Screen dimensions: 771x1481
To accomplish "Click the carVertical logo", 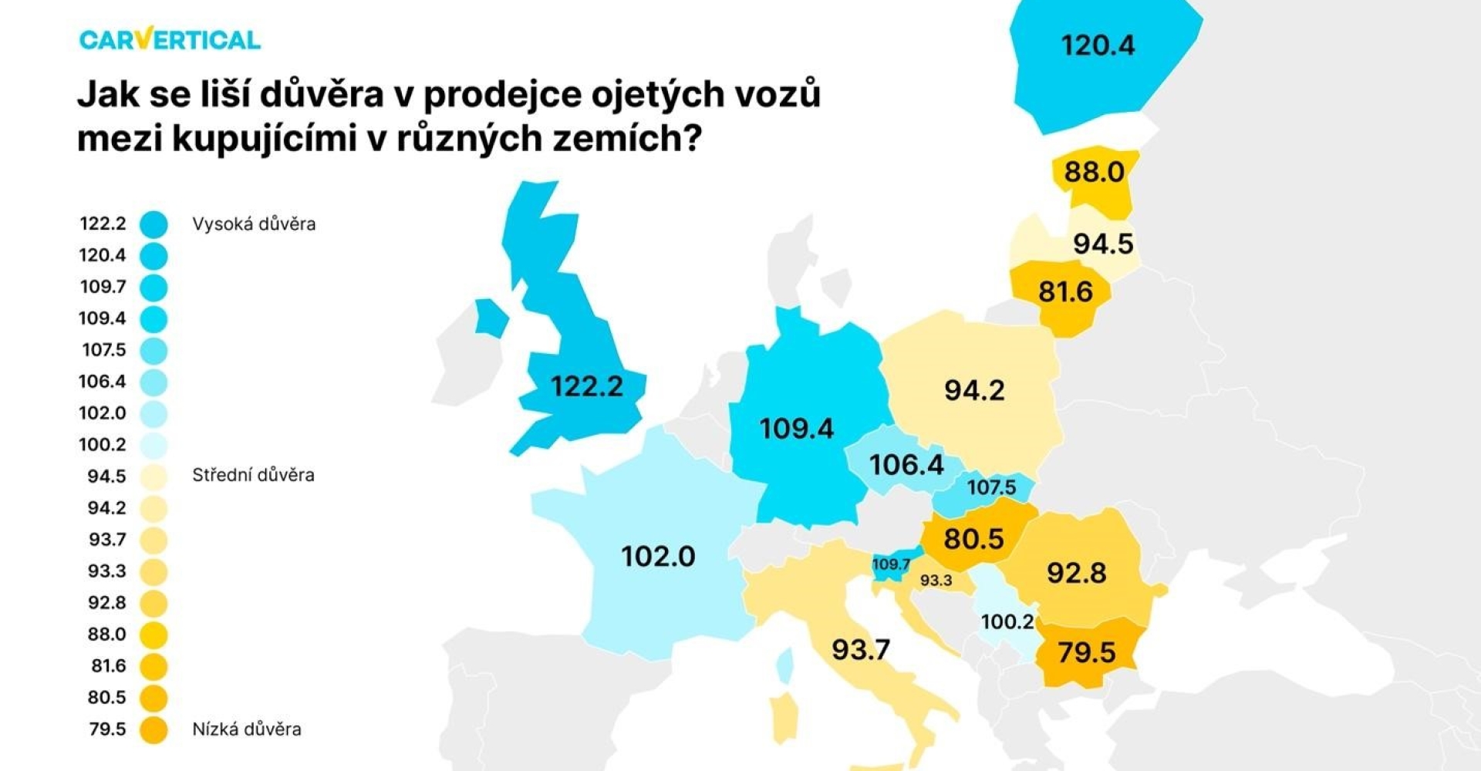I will click(x=170, y=39).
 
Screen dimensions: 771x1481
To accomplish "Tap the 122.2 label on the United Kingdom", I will click(x=586, y=385).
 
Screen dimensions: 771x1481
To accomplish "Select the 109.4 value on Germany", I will click(x=796, y=429).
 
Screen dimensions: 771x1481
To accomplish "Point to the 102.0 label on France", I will click(x=658, y=556).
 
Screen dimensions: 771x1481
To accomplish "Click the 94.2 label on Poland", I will click(x=974, y=390).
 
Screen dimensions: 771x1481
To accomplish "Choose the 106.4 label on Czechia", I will click(x=906, y=465).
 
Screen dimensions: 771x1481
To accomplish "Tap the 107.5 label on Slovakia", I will click(x=991, y=487).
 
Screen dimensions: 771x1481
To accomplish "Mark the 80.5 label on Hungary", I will click(x=973, y=538).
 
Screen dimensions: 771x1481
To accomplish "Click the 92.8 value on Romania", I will click(x=1076, y=573).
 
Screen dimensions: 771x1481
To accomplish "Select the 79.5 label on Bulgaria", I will click(x=1086, y=652).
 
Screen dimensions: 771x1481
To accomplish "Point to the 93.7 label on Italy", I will click(x=861, y=649).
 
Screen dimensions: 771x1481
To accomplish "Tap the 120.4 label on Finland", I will click(x=1098, y=45).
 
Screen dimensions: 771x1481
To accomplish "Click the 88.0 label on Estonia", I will click(x=1094, y=171).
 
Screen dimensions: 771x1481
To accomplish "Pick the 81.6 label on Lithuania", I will click(x=1065, y=291).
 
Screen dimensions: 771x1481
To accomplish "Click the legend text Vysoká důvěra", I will click(x=254, y=224).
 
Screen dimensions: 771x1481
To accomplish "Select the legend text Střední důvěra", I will click(x=253, y=475).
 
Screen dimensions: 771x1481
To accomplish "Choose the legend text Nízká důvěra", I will click(x=247, y=729).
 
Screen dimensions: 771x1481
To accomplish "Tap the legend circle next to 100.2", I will click(x=154, y=445).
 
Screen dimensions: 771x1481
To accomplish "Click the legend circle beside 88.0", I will click(x=154, y=635).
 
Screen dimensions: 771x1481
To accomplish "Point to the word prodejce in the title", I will click(x=502, y=94).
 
